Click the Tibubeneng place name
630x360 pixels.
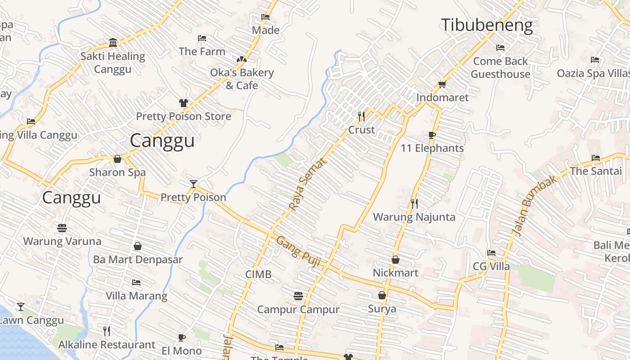point(487,25)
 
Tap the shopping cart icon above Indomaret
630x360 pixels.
point(442,85)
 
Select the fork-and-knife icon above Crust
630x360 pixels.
point(361,117)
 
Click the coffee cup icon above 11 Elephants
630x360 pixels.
point(432,135)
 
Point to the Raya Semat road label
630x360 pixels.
point(307,184)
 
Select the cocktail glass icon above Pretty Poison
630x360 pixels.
point(193,184)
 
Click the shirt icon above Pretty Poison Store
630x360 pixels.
point(183,103)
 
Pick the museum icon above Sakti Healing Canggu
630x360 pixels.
point(113,43)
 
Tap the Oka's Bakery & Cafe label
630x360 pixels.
point(242,79)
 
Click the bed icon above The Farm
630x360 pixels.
point(202,38)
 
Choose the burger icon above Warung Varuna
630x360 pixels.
point(62,228)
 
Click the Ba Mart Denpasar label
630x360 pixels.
point(138,260)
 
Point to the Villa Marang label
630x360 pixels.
point(136,296)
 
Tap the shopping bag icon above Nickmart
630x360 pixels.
point(396,260)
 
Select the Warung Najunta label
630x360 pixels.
point(414,217)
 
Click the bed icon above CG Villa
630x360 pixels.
point(491,253)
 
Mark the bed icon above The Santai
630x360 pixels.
point(596,158)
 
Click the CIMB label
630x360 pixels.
point(258,274)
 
